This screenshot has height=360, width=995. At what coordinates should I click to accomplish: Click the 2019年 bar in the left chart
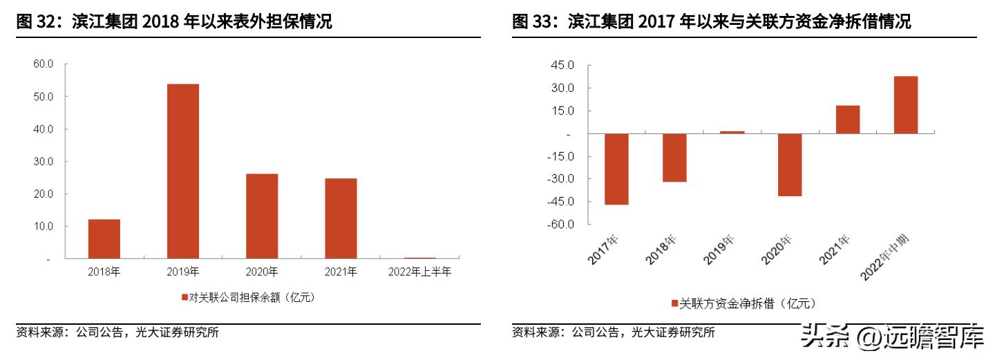[183, 171]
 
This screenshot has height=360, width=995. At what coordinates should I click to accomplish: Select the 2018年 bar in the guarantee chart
[104, 238]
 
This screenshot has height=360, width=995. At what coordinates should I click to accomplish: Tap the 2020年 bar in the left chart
[262, 216]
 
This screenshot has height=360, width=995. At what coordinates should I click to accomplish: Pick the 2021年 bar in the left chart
[341, 218]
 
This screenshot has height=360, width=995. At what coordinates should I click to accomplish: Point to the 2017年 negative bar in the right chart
[616, 169]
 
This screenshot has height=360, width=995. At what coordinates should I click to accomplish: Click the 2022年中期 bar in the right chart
[906, 104]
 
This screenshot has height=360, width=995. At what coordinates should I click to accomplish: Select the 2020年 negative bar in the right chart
[790, 164]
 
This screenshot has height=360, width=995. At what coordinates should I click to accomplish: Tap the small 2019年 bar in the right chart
[732, 132]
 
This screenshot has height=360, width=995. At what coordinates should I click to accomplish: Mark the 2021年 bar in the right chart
[848, 119]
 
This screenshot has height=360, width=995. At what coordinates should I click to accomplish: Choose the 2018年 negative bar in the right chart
[674, 158]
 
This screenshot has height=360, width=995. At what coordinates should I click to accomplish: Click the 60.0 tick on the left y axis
[44, 64]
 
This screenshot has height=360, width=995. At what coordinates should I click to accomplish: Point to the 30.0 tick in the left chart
[44, 162]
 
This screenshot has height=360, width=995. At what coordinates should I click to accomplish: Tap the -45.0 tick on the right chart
[560, 202]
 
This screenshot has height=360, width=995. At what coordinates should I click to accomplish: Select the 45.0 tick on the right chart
[562, 65]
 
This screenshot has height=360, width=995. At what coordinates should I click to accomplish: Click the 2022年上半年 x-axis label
[419, 272]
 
